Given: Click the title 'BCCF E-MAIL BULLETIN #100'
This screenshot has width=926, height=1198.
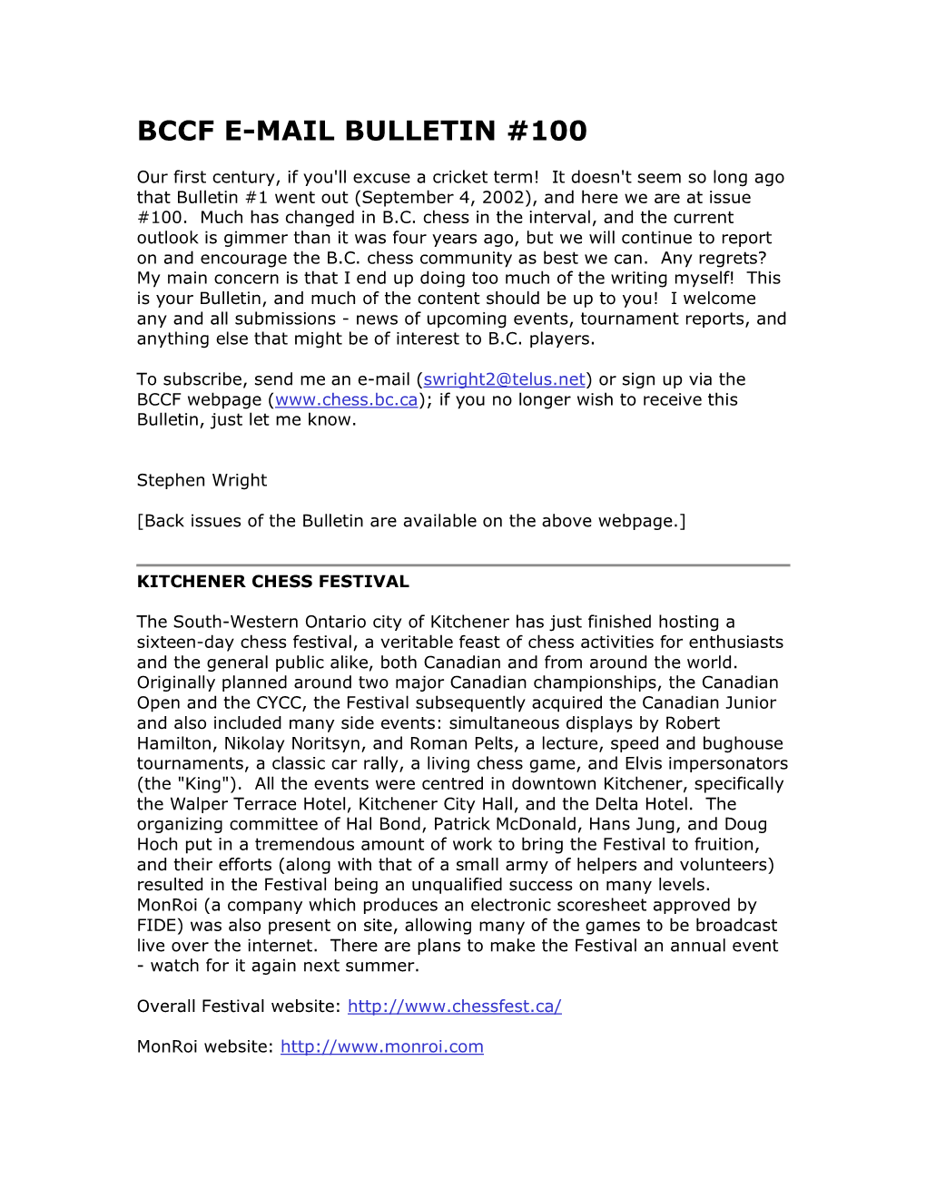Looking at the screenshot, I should point(361,131).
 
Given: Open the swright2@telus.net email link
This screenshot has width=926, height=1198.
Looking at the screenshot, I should point(504,379).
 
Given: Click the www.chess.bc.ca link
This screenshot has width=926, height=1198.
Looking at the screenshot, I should point(346,399).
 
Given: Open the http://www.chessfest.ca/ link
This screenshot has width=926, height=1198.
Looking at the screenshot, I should point(454,1006).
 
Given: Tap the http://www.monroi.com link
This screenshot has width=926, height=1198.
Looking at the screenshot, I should point(381,1046).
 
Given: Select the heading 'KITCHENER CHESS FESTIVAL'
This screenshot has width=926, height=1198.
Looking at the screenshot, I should point(272,582).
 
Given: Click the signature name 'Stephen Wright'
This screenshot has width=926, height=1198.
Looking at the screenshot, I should point(202,480).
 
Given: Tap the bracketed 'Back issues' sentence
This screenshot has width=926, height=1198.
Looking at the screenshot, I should point(411,521).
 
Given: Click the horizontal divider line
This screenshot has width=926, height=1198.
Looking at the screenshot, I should point(463,565).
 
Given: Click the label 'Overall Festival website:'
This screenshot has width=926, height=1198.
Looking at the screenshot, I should point(239,1006).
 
